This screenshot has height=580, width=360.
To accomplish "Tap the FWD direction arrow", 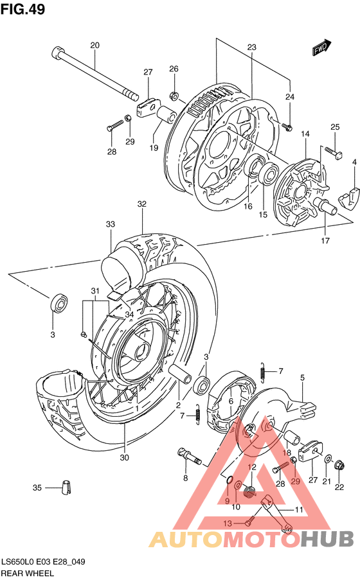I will [x=321, y=48].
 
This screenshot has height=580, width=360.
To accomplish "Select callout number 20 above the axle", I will [x=95, y=46].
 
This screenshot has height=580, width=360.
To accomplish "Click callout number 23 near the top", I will [x=251, y=48].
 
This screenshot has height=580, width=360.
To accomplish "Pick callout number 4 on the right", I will [x=354, y=163].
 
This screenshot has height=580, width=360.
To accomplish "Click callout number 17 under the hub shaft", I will [x=325, y=241].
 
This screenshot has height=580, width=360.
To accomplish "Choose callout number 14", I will [x=305, y=134].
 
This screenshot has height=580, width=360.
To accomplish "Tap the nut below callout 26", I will [x=174, y=96].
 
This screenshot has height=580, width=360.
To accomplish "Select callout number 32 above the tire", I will [x=141, y=204].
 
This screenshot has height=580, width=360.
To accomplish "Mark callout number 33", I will [x=111, y=225].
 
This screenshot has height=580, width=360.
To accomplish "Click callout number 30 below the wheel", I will [x=125, y=457].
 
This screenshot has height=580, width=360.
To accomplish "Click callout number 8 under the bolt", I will [x=185, y=478].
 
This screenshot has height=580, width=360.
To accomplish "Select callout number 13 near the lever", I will [x=228, y=524].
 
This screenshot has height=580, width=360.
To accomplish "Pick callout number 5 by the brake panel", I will [x=302, y=378].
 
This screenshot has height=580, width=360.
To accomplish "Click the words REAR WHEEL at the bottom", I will [x=28, y=573].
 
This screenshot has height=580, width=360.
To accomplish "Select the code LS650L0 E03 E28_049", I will [x=43, y=561].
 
